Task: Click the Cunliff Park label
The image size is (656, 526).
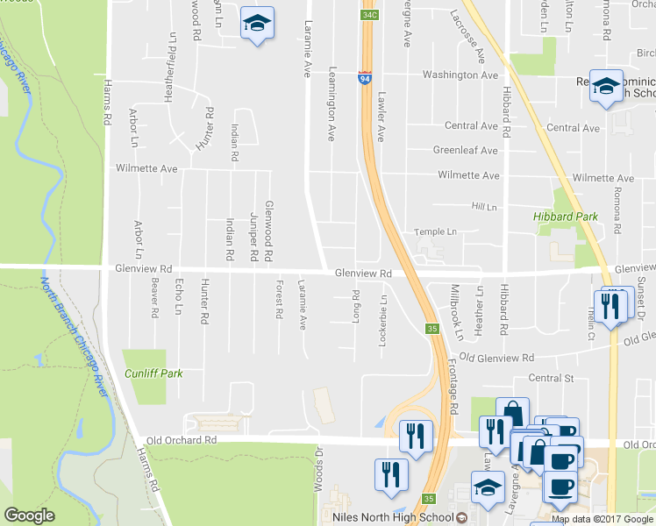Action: tap(153, 373)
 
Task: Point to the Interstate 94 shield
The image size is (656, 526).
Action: tap(364, 79)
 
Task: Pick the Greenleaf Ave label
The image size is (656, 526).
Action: tap(465, 150)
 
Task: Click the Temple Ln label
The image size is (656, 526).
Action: tap(436, 232)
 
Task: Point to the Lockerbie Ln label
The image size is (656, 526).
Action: tap(381, 324)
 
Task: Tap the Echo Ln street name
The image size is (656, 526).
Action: tap(179, 297)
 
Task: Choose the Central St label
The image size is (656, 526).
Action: tap(550, 379)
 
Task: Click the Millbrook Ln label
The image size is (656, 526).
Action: tap(456, 312)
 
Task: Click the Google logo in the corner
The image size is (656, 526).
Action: tap(29, 515)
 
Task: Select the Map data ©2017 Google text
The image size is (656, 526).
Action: tap(603, 519)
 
